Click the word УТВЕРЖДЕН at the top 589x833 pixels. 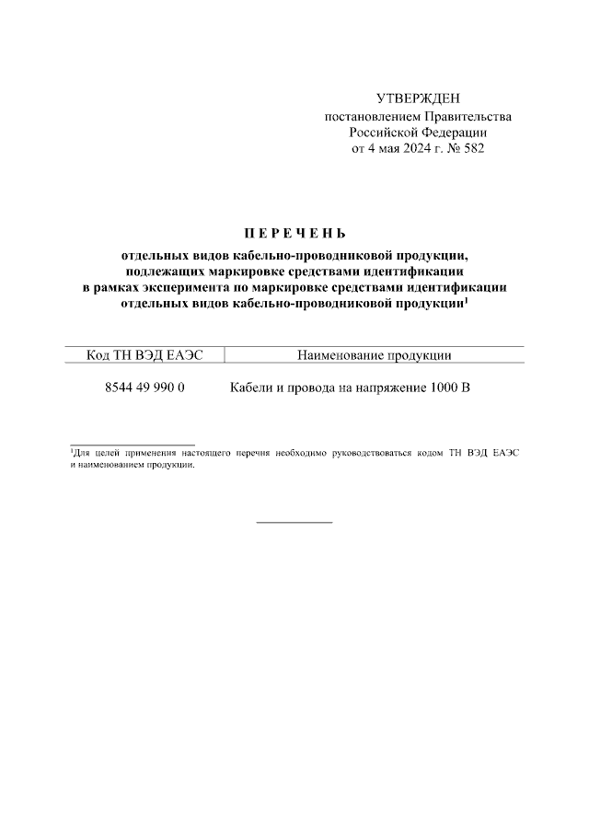click(417, 99)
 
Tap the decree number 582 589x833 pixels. click(472, 147)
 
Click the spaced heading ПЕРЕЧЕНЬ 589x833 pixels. click(294, 234)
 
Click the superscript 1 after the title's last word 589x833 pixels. click(467, 300)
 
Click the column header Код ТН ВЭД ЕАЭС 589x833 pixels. click(144, 355)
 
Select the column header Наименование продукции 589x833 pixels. click(375, 355)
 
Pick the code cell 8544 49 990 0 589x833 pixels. click(145, 388)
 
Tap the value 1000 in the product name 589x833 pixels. click(441, 388)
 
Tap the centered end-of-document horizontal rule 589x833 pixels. click(294, 522)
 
